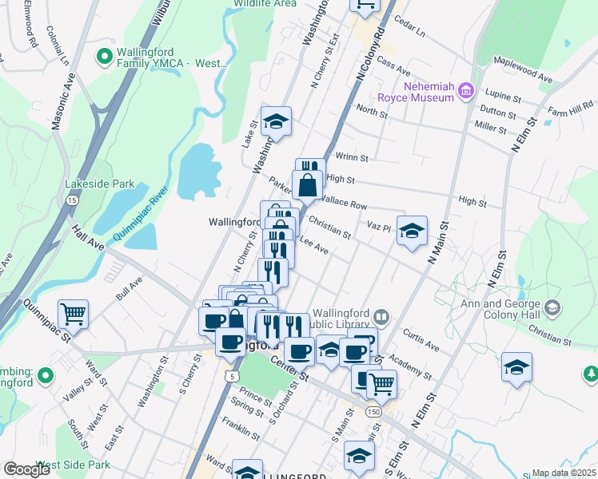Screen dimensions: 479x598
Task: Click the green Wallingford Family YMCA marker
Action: point(103,57)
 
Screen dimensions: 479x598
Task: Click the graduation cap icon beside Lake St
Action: point(276,121)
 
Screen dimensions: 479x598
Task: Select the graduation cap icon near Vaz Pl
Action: point(412,230)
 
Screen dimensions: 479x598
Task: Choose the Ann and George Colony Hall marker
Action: point(552,307)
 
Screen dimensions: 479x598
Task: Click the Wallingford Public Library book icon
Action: point(382,318)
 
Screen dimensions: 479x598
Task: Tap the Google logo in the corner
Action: point(26,469)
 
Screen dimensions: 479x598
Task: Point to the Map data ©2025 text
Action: point(563,473)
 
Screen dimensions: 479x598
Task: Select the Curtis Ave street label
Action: point(421,340)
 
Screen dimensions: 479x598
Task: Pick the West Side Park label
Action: point(72,465)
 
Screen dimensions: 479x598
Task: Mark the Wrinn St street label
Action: point(352,158)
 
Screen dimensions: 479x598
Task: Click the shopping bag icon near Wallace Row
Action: point(308,185)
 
